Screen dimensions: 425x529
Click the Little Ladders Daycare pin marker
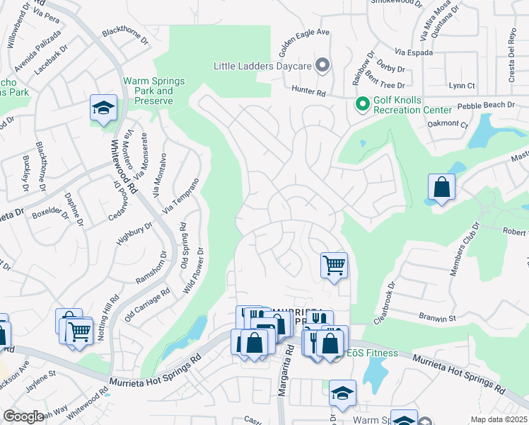(322, 66)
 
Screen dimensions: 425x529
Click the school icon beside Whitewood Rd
(103, 108)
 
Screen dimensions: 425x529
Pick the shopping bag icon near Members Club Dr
(441, 187)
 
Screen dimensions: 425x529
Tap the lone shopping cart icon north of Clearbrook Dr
(334, 266)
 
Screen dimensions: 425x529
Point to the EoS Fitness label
(372, 353)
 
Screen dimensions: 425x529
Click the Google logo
(23, 416)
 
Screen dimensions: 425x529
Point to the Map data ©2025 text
(499, 419)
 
